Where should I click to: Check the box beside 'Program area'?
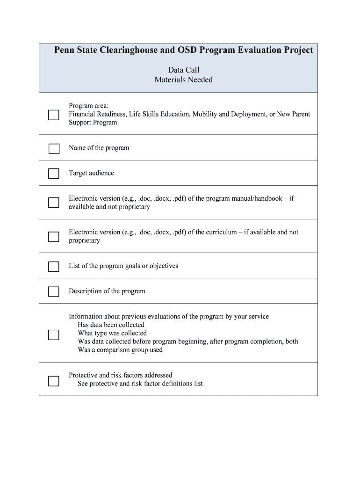tap(54, 115)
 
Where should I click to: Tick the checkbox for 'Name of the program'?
tap(54, 149)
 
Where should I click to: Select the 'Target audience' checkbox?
tap(54, 174)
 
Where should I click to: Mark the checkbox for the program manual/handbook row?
tap(54, 203)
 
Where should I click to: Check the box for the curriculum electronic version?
tap(54, 237)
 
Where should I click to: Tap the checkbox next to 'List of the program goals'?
tap(54, 267)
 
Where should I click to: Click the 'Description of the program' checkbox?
tap(54, 292)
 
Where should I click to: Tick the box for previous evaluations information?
tap(54, 335)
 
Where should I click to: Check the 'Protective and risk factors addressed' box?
tap(54, 381)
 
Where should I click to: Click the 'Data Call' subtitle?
tap(184, 70)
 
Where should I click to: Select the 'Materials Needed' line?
tap(184, 80)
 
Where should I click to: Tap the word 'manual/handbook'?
tap(256, 198)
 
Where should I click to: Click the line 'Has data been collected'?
tap(111, 325)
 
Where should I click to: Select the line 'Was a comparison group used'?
tap(120, 350)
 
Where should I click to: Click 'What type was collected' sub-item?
tap(112, 333)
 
